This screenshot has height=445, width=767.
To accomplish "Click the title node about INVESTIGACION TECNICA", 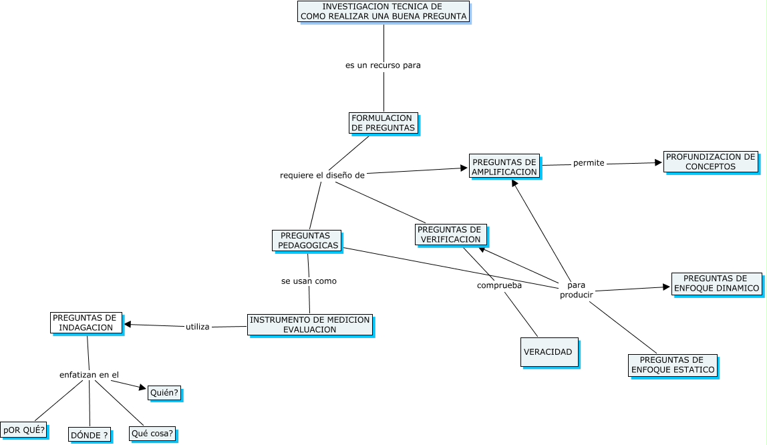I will point(383,11).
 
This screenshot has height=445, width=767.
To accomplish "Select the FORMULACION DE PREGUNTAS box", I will point(383,123).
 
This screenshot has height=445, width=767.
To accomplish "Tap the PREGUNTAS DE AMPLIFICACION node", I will point(504,166).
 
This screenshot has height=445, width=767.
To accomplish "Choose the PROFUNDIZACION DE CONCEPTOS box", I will point(711,162).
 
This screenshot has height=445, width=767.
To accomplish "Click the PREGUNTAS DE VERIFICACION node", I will point(450,235).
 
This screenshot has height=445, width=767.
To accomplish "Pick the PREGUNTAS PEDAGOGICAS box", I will point(307,241).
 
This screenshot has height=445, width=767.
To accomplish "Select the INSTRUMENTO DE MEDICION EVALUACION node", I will point(309,325).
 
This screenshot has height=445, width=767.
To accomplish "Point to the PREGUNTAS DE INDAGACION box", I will point(86,323).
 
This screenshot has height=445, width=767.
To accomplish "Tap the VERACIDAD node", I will point(549,351).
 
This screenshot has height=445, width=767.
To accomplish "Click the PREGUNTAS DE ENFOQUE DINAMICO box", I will point(717,283).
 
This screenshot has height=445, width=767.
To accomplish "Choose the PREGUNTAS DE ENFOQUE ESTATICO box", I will point(673,365).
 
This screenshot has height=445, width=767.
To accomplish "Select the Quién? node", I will point(164,393).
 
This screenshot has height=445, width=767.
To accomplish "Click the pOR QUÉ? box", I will point(24,430).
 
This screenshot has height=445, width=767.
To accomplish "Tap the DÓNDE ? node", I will point(89,435).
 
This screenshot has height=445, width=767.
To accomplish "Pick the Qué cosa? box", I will point(153,434).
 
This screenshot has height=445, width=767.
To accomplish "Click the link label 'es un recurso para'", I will point(383,65).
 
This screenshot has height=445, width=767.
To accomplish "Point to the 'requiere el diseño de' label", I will point(323,175).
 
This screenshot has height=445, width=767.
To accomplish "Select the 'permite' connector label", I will point(589,163).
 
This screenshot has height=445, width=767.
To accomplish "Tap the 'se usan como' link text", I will point(309,281).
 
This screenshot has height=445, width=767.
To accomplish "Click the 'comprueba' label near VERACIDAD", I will point(499,285).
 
